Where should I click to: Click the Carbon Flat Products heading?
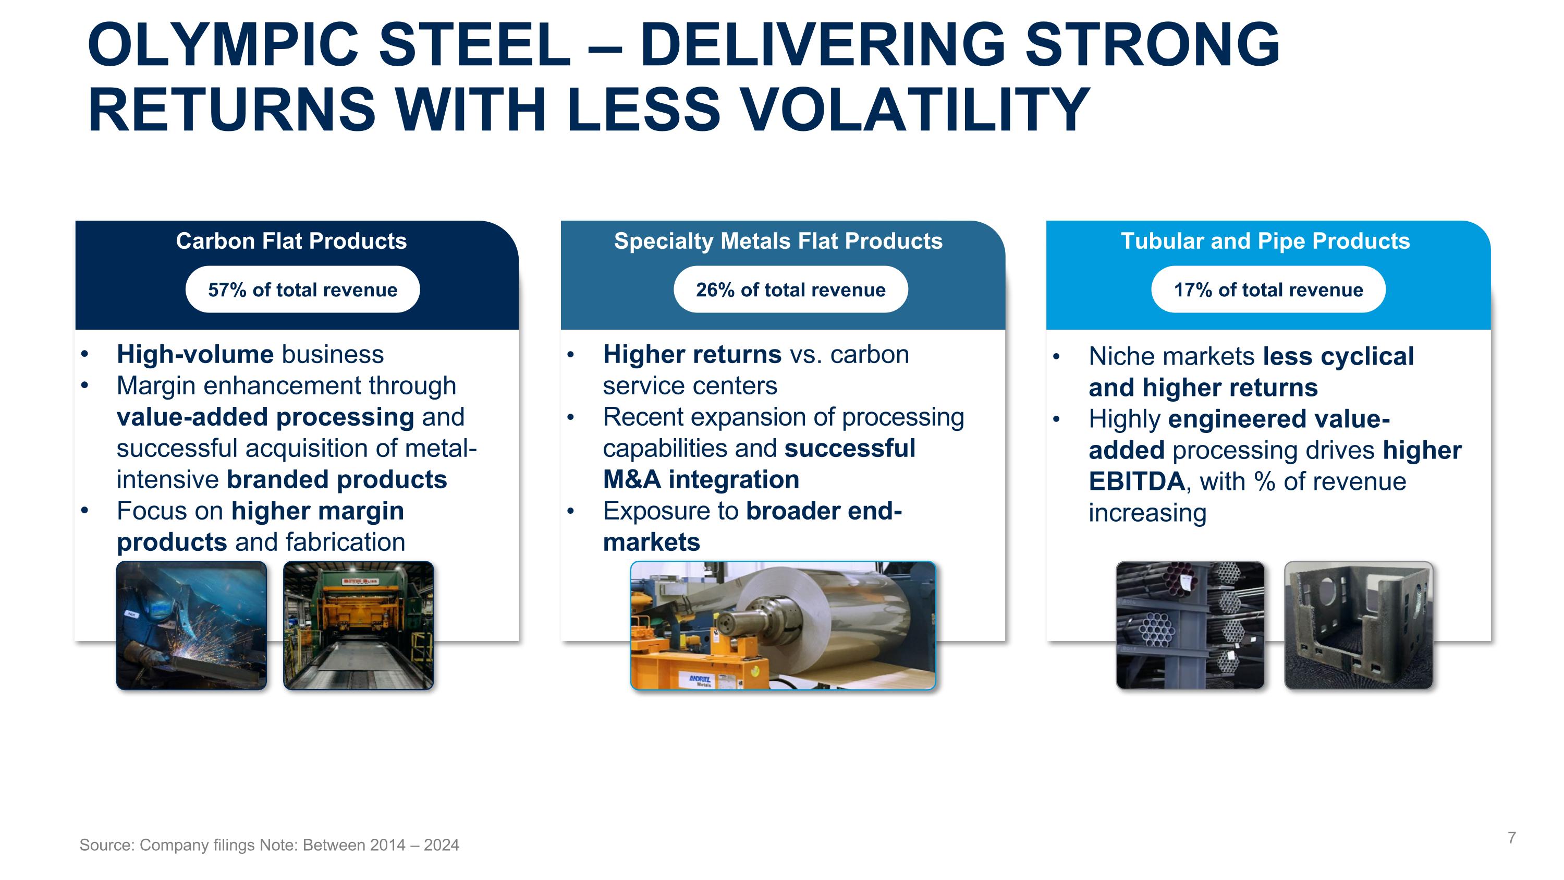(291, 241)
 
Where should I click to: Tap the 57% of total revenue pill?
(302, 290)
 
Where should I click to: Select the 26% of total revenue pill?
(790, 290)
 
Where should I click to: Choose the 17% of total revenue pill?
(1268, 290)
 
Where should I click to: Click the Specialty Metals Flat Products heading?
(778, 241)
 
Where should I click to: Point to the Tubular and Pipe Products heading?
(1265, 241)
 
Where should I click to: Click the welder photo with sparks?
(191, 625)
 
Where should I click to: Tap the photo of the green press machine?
(359, 625)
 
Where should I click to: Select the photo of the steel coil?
(783, 625)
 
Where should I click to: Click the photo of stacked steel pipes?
(1190, 625)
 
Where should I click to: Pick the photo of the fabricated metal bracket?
(1358, 625)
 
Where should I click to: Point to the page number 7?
(1511, 838)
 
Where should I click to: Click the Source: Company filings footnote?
(269, 845)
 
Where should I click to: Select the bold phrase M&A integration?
(701, 480)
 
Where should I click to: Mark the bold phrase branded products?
(337, 480)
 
